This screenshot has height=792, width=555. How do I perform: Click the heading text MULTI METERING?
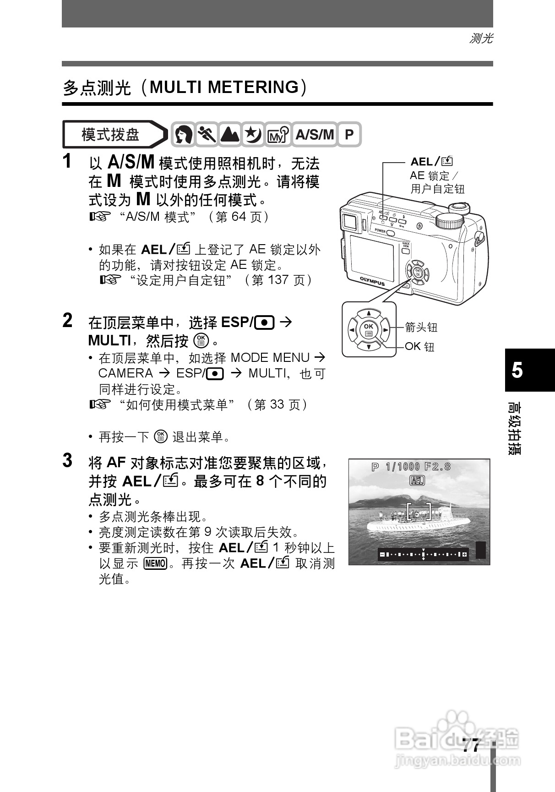point(224,87)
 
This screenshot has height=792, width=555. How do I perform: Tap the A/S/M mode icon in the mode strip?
point(314,135)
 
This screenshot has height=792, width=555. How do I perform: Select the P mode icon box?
point(349,135)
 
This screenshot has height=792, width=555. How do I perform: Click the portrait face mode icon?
point(184,135)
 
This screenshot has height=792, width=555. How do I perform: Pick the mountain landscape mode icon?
point(230,135)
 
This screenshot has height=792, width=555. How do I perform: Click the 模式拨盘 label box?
point(111,135)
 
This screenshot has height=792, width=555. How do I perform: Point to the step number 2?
point(67,321)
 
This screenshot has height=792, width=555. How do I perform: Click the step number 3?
point(67,461)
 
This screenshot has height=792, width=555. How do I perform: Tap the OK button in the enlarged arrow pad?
point(369,329)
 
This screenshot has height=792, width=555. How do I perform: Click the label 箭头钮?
point(421,327)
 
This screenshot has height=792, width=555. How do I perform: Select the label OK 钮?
point(419,346)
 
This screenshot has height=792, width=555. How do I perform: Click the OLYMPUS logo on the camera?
point(372,281)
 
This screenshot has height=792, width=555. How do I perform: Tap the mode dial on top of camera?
point(451,222)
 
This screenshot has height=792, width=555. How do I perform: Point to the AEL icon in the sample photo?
point(417,481)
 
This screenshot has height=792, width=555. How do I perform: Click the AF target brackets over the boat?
point(419,512)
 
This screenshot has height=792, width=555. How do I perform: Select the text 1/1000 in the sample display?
point(403,467)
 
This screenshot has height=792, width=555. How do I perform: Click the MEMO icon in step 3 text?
point(155,563)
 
